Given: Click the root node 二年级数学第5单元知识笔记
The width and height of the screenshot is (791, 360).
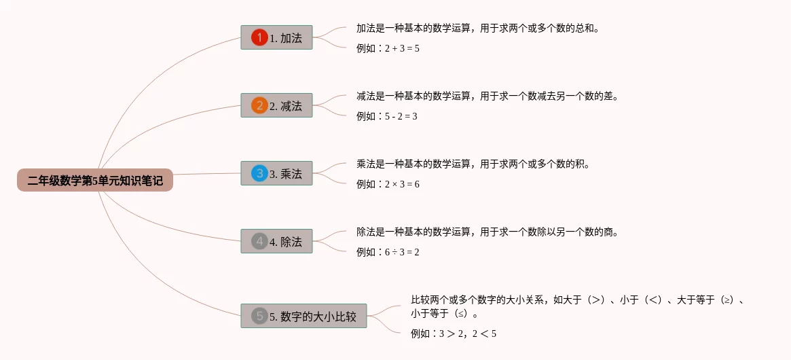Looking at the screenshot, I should (95, 181).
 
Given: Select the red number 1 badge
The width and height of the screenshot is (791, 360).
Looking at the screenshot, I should (259, 37).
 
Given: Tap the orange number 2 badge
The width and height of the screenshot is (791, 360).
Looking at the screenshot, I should (259, 105).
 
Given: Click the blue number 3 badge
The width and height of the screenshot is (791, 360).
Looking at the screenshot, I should (259, 173).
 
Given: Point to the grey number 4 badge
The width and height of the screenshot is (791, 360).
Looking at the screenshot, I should (259, 241).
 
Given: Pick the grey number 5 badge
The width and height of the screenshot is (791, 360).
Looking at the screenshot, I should (259, 316).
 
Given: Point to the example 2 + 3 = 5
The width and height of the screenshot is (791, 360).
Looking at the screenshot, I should (388, 48).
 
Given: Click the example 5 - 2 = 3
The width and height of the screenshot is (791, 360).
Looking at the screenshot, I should (387, 116).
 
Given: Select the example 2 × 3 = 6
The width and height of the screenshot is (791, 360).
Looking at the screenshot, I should (388, 184).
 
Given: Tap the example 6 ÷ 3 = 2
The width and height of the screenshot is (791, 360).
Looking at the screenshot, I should (388, 252).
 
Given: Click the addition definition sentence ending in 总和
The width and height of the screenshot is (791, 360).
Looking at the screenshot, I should (478, 29).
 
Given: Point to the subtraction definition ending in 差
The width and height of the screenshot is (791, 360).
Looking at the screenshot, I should (488, 96).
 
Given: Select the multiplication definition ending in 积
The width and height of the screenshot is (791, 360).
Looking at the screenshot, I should (473, 164).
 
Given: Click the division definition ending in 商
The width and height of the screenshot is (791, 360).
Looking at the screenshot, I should (488, 232).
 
